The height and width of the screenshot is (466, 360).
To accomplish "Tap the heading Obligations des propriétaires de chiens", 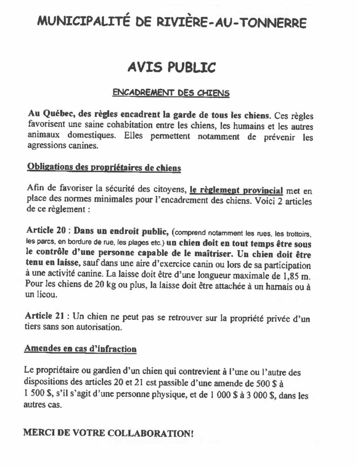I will click(x=104, y=168).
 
